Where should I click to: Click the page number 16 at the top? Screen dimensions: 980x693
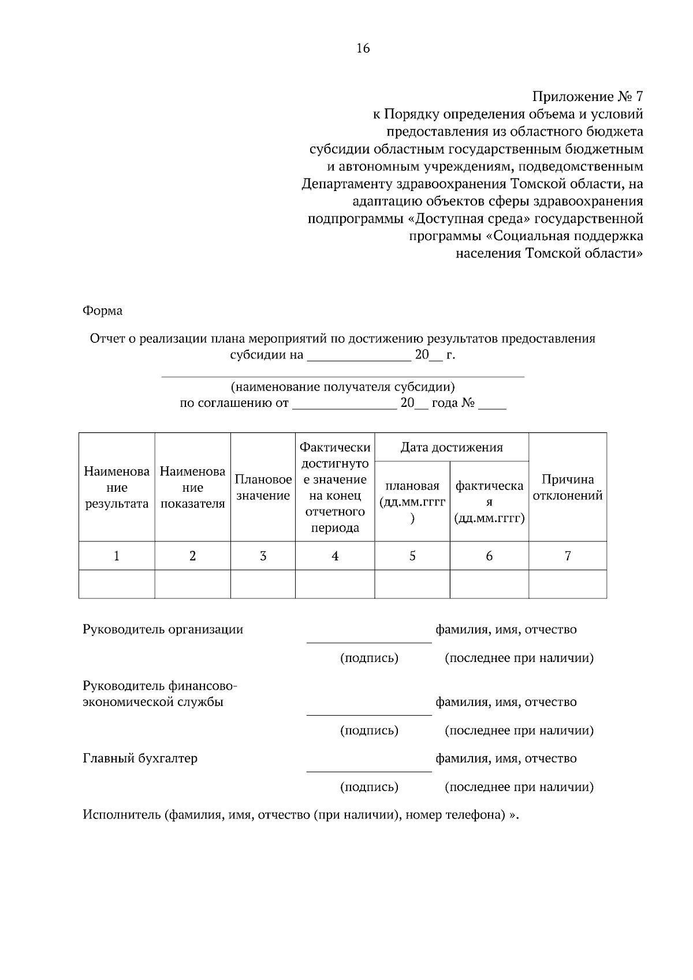[x=363, y=48]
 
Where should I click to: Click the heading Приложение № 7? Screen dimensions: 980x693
[x=587, y=96]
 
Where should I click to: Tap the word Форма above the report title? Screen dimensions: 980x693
[x=102, y=311]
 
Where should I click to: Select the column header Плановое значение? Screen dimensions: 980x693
[x=263, y=488]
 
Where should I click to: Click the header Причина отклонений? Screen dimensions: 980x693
[x=567, y=488]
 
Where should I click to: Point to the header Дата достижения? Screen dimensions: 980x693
[x=452, y=447]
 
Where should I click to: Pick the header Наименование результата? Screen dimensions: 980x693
[x=117, y=488]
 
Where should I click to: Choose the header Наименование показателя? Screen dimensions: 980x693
[x=192, y=488]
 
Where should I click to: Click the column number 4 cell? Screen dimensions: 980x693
[x=335, y=556]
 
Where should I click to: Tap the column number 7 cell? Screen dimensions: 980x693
[x=568, y=556]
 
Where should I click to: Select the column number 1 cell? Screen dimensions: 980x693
[x=117, y=556]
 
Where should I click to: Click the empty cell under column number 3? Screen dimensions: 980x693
[x=263, y=584]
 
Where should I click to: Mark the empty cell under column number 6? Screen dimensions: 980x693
[x=489, y=584]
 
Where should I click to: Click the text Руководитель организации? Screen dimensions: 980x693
[x=163, y=629]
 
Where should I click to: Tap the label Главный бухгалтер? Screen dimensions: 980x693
[x=140, y=758]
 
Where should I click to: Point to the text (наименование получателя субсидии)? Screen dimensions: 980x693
[x=342, y=387]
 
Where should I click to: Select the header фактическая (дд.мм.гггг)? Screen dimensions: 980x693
[x=489, y=502]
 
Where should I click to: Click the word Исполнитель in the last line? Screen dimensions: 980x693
[x=121, y=815]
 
